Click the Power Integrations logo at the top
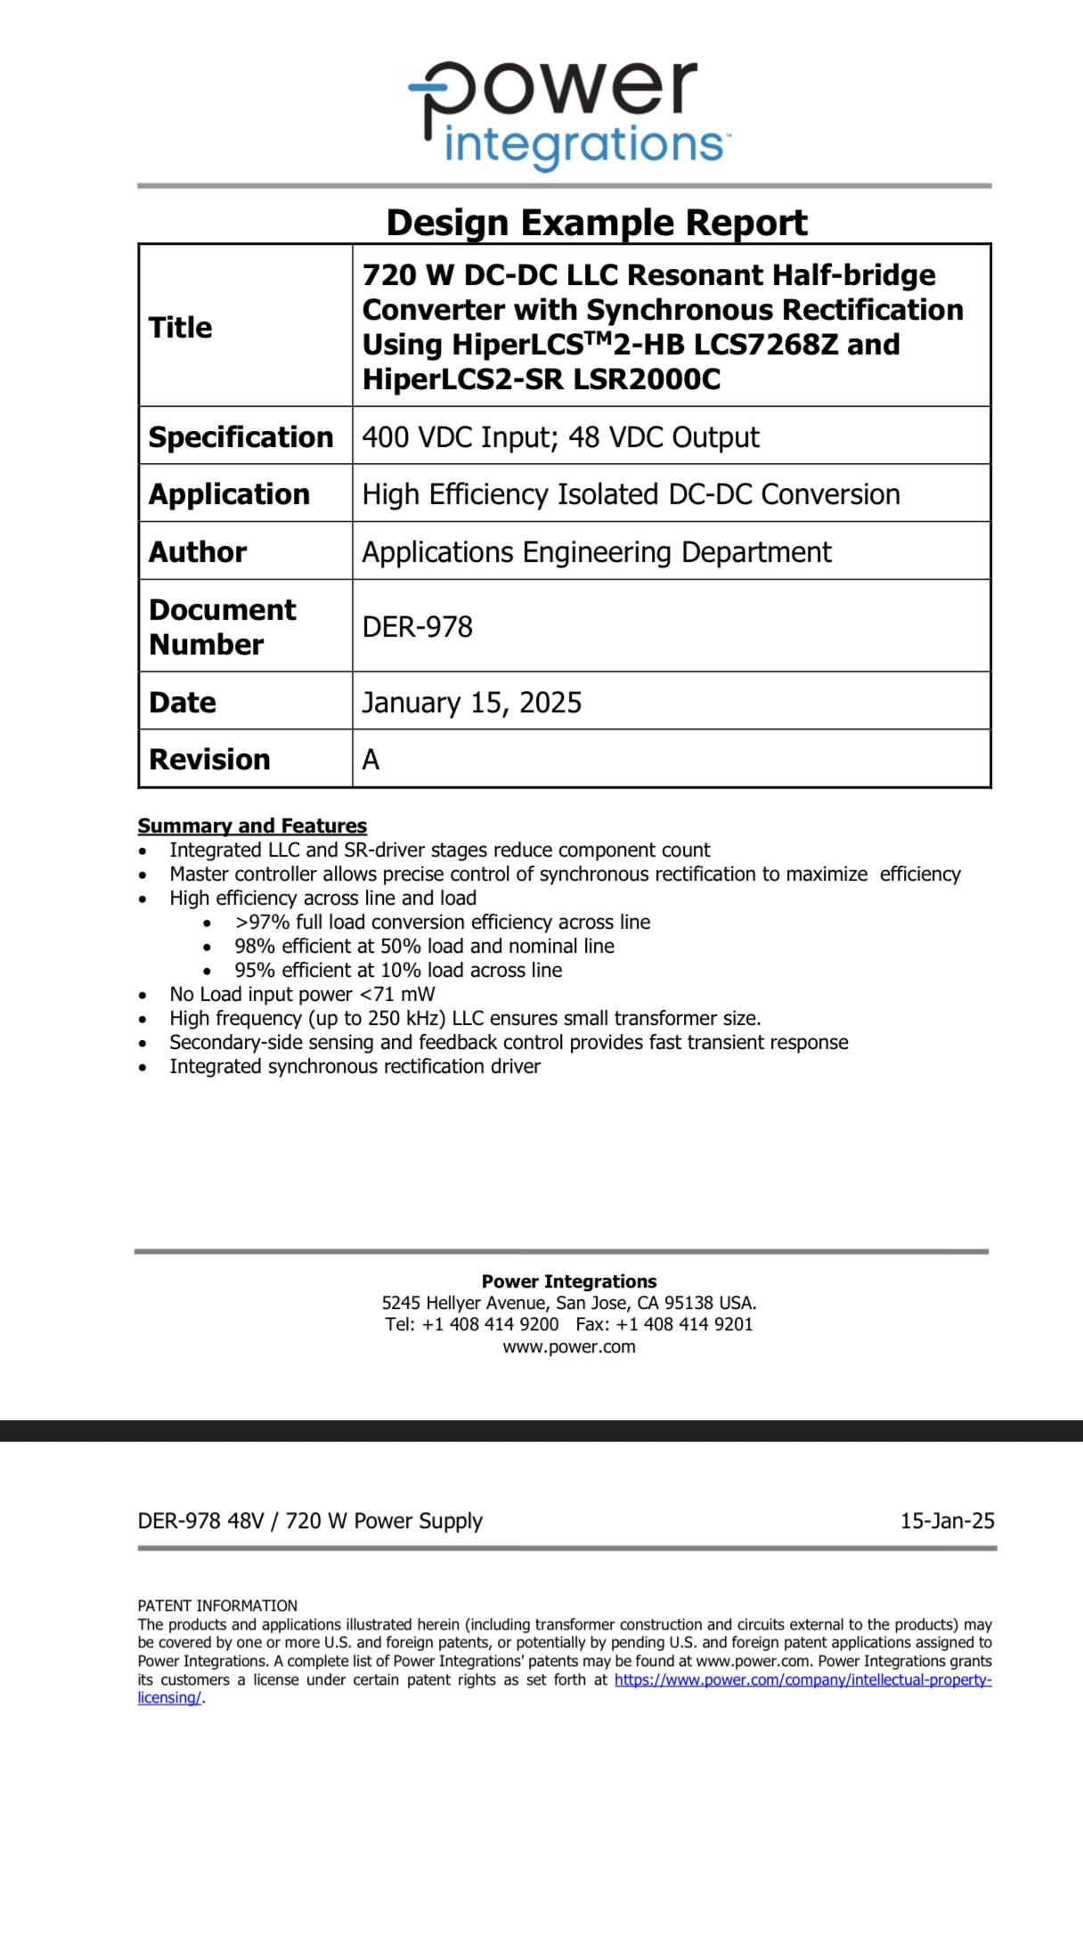click(x=568, y=113)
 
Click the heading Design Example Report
click(x=597, y=223)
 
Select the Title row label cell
click(x=181, y=328)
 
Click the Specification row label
click(x=240, y=437)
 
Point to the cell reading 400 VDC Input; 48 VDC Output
click(x=560, y=437)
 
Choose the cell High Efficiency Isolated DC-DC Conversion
click(x=631, y=494)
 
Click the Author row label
click(x=198, y=552)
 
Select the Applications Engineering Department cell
click(x=596, y=552)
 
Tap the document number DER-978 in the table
click(x=417, y=627)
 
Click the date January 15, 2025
click(x=471, y=703)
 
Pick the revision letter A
click(x=370, y=760)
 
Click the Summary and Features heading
click(x=252, y=825)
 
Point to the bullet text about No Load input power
click(x=302, y=994)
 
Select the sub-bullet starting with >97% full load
click(x=442, y=922)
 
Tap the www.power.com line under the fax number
click(x=569, y=1346)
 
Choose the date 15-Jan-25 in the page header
click(x=947, y=1521)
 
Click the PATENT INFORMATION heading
click(x=217, y=1606)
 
